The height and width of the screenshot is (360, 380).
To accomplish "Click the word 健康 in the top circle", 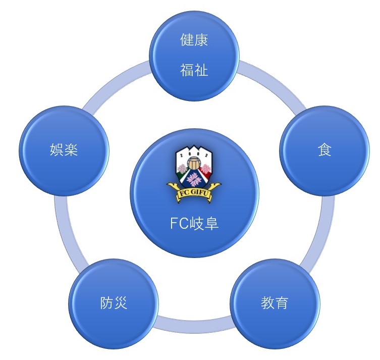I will tap(194, 40).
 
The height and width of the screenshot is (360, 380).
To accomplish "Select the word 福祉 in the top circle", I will tap(194, 70).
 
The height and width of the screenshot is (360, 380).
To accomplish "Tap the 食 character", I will tap(324, 150).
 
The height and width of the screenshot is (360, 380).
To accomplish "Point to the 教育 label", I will tap(275, 303).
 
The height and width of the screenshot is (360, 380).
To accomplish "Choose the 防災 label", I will tap(113, 303).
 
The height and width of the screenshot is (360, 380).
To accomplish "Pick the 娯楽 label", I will tap(64, 150).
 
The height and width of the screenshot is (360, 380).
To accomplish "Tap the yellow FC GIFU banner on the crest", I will tap(194, 191).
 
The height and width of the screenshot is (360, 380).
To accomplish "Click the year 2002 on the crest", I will tap(194, 152).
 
